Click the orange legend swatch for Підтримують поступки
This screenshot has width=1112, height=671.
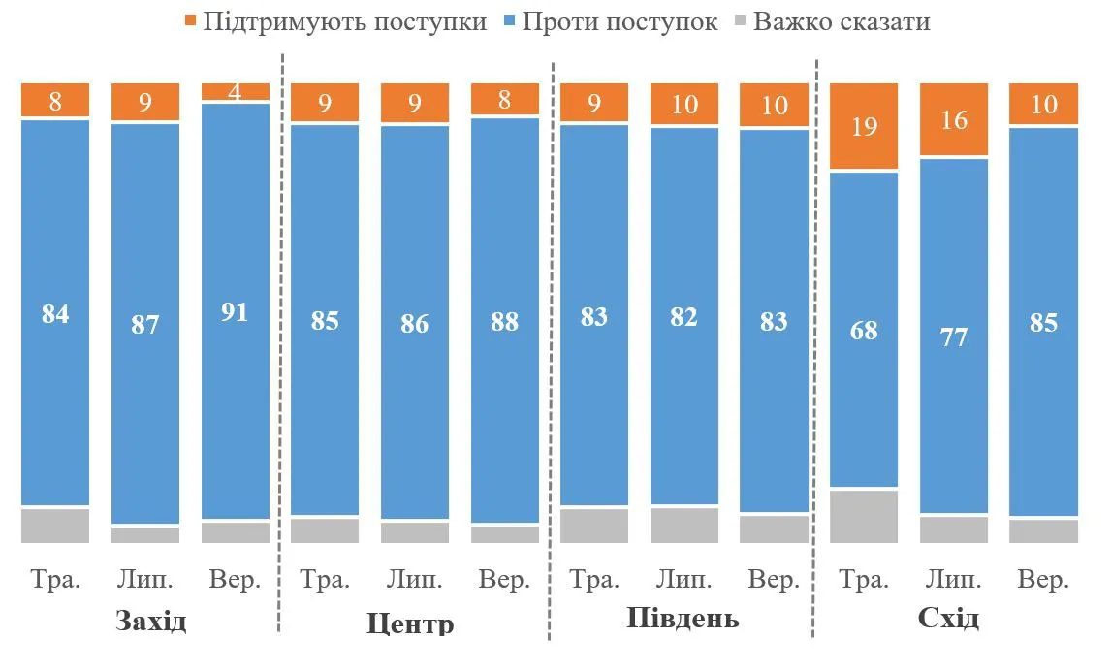coord(189,21)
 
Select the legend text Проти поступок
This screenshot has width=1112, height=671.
coord(620,21)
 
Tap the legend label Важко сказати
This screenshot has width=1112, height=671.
coord(842,21)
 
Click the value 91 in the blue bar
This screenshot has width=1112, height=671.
coord(235,312)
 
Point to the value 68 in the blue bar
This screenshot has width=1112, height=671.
coord(864,330)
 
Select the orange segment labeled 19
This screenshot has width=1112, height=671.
coord(864,126)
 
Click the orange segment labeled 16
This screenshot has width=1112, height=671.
coord(954,119)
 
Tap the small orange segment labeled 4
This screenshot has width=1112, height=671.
coord(235,91)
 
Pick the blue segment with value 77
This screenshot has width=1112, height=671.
coord(954,335)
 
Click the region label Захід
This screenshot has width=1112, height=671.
coord(150,621)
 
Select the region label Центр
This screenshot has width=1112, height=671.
coord(410,623)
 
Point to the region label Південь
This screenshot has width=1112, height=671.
coord(683,619)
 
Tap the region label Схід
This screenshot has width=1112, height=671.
coord(948,619)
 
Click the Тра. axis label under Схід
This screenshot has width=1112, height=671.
coord(864,580)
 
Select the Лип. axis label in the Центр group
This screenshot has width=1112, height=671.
coord(414,580)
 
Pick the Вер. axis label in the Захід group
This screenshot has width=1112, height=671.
coord(235,580)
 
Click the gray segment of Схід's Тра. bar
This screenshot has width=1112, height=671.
coord(864,516)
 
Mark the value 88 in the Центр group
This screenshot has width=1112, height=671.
coord(504,321)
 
